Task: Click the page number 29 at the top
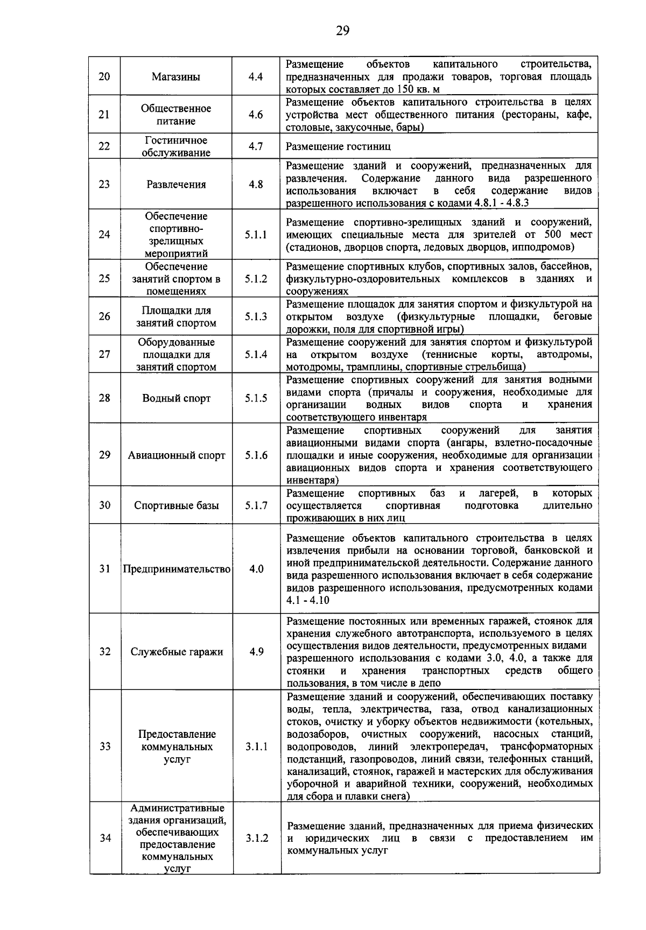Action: point(342,30)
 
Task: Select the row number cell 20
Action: point(104,76)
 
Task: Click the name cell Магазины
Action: point(176,77)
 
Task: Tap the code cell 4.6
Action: point(256,115)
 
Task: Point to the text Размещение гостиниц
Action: point(338,146)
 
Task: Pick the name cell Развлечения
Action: point(176,185)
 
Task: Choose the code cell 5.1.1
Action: point(256,235)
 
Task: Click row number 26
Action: point(104,316)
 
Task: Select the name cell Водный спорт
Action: point(176,398)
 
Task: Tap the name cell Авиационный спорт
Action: point(176,455)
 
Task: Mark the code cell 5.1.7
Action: point(256,505)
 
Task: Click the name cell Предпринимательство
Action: point(177,569)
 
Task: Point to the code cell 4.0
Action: point(256,569)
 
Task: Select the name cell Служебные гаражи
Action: point(177,652)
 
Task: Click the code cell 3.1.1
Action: point(256,747)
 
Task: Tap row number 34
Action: point(105,838)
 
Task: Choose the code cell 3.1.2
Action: point(257,838)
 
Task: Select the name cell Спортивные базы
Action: point(176,505)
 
